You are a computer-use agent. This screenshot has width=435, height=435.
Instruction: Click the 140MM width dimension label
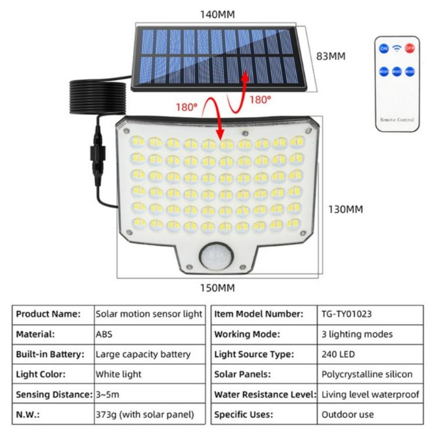tap(217, 14)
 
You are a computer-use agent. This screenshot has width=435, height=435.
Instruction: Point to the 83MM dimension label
tap(331, 57)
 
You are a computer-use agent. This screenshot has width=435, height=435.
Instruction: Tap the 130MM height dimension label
tap(345, 209)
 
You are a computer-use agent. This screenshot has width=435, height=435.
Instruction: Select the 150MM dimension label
tap(217, 288)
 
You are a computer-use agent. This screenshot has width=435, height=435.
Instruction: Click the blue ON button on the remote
tap(384, 48)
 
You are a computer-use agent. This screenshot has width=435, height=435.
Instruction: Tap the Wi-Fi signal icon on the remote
tap(397, 48)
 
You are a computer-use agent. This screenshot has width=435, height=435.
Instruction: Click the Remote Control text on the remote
tap(397, 120)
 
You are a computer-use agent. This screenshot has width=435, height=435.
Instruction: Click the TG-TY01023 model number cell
tap(347, 314)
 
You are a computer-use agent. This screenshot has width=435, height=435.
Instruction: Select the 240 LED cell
tap(338, 354)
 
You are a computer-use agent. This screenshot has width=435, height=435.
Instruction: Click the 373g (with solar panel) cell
tap(144, 415)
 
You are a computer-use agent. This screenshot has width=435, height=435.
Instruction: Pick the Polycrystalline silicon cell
tap(367, 374)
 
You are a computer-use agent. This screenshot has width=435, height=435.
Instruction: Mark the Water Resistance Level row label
tap(265, 395)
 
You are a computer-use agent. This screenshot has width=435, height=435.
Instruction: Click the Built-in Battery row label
tap(50, 354)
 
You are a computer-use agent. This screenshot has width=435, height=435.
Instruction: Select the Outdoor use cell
tap(348, 415)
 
